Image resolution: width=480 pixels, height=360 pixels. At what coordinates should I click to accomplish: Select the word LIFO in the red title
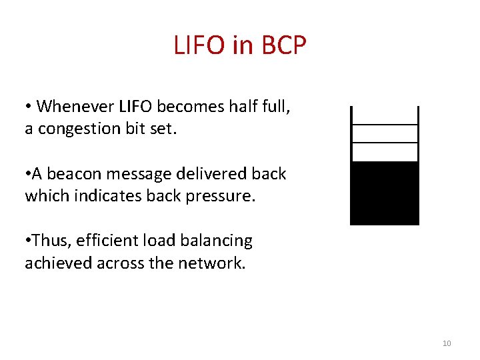point(198,45)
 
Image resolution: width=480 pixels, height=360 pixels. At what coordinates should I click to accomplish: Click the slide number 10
point(447,343)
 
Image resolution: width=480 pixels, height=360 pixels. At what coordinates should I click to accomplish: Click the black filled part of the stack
point(385,193)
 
